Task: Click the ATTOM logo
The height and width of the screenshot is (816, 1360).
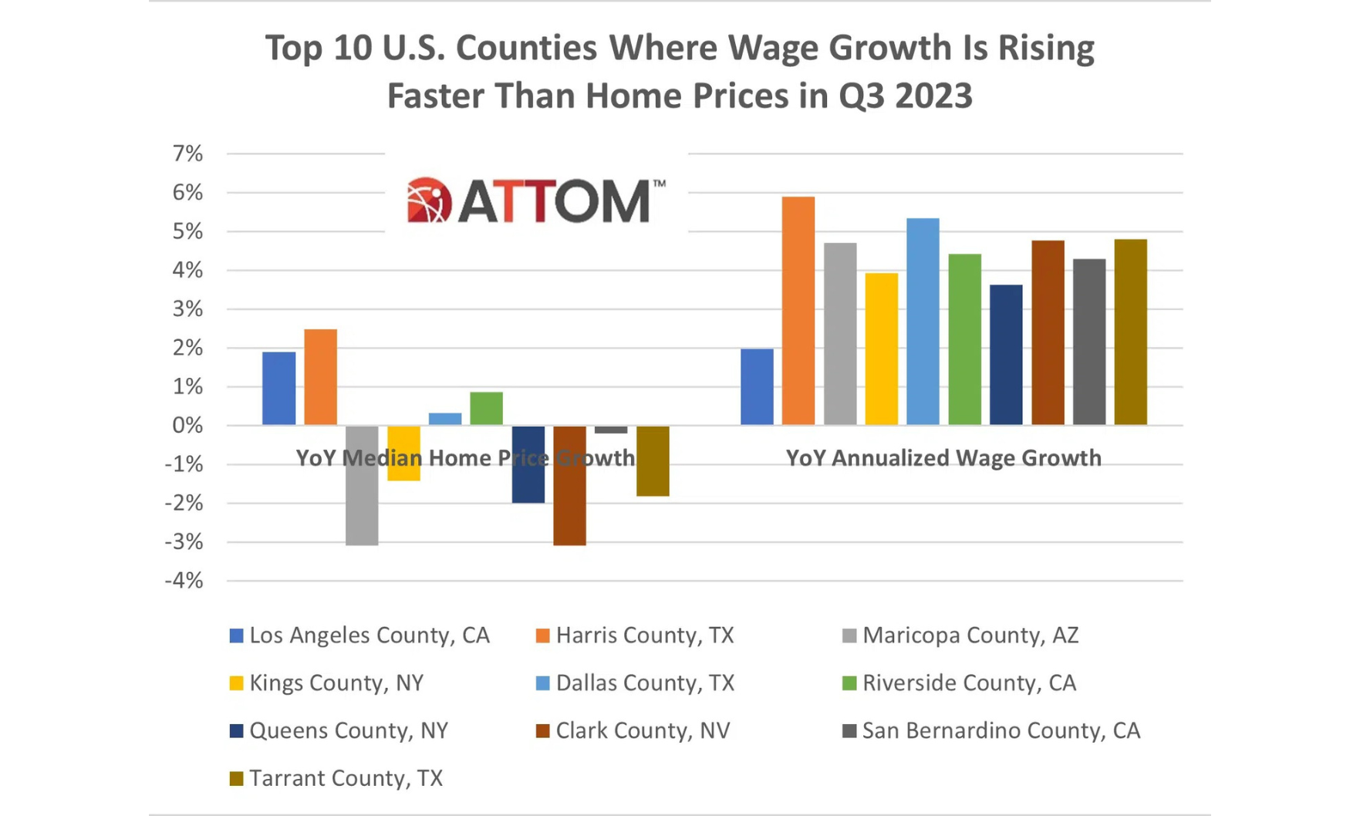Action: [535, 201]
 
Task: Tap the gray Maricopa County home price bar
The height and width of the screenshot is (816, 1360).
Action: [362, 485]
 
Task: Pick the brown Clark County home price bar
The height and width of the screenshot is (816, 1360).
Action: [569, 485]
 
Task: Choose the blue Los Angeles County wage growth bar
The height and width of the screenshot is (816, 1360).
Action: [757, 386]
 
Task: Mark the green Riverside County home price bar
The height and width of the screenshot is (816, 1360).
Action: [486, 408]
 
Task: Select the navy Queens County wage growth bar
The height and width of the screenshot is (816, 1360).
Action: [1006, 355]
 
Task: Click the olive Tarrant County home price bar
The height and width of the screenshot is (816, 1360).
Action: [653, 460]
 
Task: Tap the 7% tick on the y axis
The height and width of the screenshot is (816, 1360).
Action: [187, 153]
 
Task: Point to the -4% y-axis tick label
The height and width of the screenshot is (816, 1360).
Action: [184, 581]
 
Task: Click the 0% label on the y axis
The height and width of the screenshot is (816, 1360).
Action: [187, 425]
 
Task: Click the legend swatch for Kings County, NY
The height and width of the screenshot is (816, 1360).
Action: [237, 683]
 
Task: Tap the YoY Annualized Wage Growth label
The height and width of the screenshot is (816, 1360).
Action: [943, 458]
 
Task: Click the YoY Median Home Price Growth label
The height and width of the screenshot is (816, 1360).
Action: [464, 458]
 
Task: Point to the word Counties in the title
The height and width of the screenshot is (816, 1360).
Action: [526, 48]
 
